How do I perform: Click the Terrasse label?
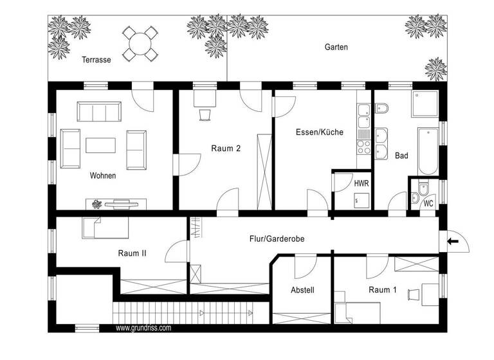96,60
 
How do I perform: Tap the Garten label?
336,47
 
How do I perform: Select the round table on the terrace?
141,44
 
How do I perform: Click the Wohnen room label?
103,175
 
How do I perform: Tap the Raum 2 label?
226,148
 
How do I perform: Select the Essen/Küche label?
319,132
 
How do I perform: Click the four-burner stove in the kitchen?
364,147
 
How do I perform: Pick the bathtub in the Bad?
427,151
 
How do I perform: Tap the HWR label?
361,183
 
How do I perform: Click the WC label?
428,203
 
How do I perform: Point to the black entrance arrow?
453,242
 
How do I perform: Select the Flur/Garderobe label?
277,239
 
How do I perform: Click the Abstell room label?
302,290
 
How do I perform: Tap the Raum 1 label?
382,290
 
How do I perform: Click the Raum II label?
132,253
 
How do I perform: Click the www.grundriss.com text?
143,328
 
